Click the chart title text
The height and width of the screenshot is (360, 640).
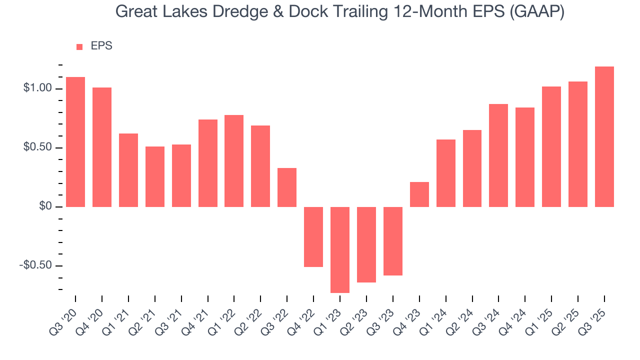coord(340,11)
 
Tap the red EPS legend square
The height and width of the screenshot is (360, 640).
coord(79,46)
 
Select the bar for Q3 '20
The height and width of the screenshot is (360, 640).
coord(75,142)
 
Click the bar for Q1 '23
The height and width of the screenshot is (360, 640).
coord(340,249)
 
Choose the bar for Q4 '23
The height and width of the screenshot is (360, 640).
coord(419,194)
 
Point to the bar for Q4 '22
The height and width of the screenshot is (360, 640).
coord(313,236)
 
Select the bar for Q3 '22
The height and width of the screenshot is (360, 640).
coord(287,187)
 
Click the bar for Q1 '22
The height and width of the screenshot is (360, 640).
coord(234,161)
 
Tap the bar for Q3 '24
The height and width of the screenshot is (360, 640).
coord(498,155)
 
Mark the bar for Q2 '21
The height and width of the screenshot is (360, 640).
coord(155,176)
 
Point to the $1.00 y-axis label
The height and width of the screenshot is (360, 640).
coord(37,88)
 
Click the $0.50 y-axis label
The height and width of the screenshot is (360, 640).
coord(37,147)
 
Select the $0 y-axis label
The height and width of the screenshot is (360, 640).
coord(45,206)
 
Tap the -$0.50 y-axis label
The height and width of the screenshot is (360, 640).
coord(35,265)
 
